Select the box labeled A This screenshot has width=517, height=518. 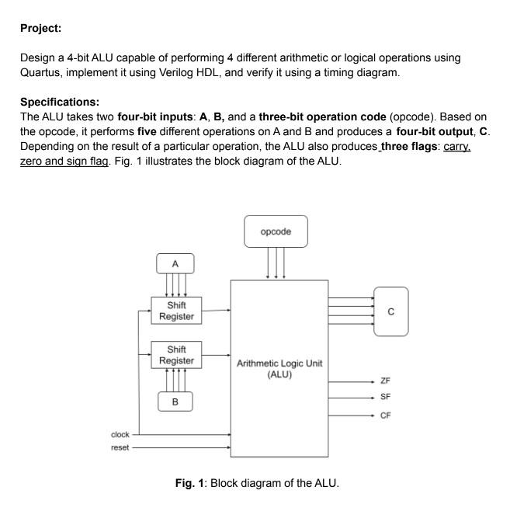[x=175, y=264]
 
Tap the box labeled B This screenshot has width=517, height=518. [x=175, y=402]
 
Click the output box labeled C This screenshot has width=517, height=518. [x=391, y=311]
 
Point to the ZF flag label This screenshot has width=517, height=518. [x=386, y=381]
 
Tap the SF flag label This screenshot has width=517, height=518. [x=386, y=398]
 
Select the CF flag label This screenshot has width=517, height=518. [x=386, y=415]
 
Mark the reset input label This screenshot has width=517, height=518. [x=120, y=448]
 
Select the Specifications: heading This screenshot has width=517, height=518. [x=60, y=102]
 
